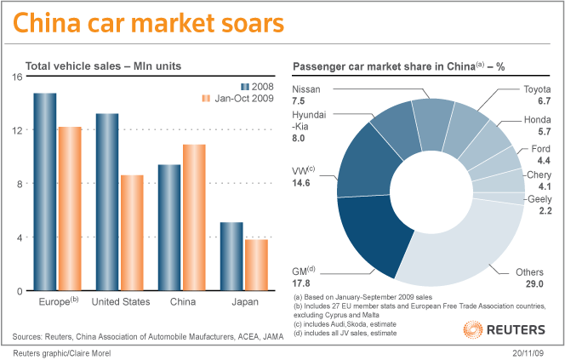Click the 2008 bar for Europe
click(45, 191)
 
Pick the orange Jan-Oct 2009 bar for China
click(194, 217)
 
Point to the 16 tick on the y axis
click(17, 77)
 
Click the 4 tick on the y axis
click(19, 237)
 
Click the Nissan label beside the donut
click(306, 89)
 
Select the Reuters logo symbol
click(474, 329)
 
